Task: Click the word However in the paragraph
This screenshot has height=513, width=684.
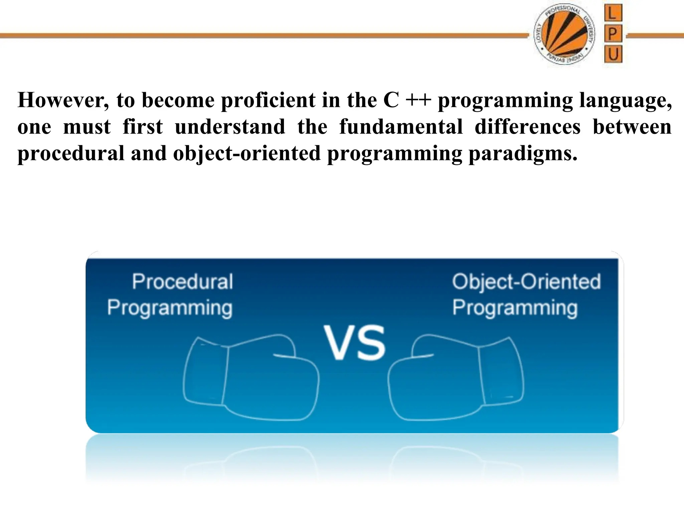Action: click(63, 100)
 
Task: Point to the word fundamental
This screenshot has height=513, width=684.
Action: click(401, 127)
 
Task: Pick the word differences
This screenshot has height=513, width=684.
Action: click(527, 127)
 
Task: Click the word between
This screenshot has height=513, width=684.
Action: click(632, 127)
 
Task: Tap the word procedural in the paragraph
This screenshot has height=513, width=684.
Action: click(71, 154)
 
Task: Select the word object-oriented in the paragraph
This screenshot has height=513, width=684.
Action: click(247, 154)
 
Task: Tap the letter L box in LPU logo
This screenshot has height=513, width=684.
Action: click(613, 14)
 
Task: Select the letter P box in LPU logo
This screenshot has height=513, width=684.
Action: click(613, 34)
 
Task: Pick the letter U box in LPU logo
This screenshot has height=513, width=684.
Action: click(613, 54)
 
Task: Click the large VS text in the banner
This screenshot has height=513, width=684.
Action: click(354, 343)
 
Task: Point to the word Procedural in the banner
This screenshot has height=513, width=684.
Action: click(182, 282)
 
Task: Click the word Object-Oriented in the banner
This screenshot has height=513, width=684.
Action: click(526, 282)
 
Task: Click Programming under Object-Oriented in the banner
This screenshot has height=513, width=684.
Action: click(515, 308)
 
